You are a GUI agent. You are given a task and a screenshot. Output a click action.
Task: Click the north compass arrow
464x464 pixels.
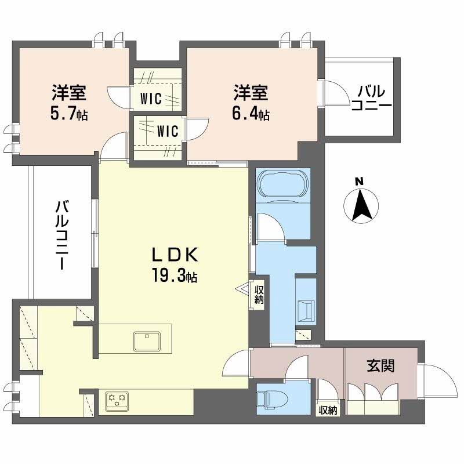pyautogui.click(x=361, y=205)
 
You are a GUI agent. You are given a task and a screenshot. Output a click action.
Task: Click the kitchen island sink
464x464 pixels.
pyautogui.click(x=147, y=341)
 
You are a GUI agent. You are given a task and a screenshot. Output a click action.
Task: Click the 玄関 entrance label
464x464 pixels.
pyautogui.click(x=380, y=366)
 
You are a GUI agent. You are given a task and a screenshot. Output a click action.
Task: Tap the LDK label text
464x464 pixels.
pyautogui.click(x=175, y=255)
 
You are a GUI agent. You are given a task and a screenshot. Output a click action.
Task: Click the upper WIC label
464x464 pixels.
pyautogui.click(x=151, y=99)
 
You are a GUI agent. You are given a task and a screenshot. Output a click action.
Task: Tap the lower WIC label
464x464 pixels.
pyautogui.click(x=168, y=131)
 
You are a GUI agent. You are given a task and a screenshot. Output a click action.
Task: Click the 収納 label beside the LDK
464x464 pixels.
pyautogui.click(x=259, y=294)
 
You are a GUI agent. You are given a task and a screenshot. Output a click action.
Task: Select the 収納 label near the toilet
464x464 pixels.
pyautogui.click(x=328, y=411)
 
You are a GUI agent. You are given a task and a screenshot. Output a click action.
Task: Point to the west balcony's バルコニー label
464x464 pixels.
pyautogui.click(x=61, y=235)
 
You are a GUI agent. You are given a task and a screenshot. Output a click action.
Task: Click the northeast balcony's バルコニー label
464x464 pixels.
pyautogui.click(x=371, y=98)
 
